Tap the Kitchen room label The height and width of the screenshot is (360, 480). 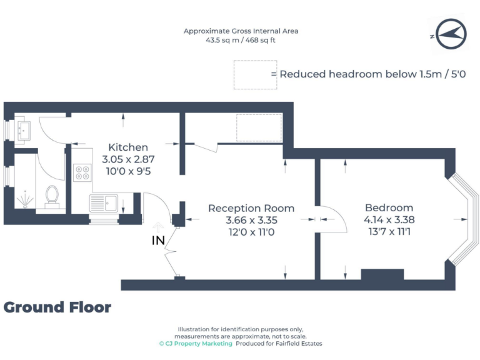click(128, 147)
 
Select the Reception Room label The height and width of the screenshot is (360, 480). click(251, 208)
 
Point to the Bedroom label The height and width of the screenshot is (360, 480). click(389, 208)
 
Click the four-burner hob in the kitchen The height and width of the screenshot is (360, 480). click(82, 172)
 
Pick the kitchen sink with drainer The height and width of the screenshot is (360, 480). click(105, 202)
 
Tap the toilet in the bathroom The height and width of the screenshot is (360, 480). click(53, 195)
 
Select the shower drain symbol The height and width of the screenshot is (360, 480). click(23, 200)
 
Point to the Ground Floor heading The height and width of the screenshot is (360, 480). click(57, 307)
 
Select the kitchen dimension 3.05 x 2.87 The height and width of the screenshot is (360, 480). click(128, 159)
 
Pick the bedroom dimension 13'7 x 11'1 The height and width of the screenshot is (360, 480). click(389, 231)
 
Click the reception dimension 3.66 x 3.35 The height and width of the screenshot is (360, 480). click(251, 220)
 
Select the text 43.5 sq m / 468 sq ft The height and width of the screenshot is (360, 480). click(241, 40)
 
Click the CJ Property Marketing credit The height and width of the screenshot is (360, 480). click(196, 344)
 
